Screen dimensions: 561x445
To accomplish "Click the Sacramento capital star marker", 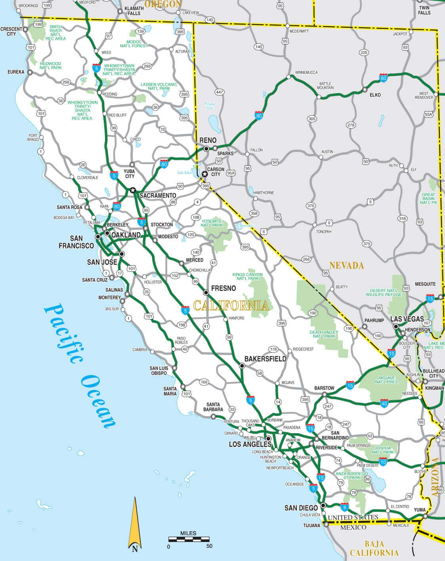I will click(x=132, y=190).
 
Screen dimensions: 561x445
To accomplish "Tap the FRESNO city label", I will click(x=223, y=288).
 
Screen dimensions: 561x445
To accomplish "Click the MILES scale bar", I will click(x=189, y=539).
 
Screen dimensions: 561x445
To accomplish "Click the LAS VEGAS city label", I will click(x=407, y=319).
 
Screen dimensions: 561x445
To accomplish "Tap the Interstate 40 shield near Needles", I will click(x=384, y=403).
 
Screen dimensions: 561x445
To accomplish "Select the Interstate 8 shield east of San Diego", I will click(x=344, y=507).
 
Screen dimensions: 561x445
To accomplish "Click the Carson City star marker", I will click(x=204, y=174).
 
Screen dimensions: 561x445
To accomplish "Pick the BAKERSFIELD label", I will click(x=265, y=359).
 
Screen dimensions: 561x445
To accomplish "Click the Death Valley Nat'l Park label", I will click(x=324, y=334).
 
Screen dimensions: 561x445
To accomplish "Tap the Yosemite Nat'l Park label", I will click(x=212, y=223).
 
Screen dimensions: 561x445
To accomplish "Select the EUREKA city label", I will click(x=16, y=72).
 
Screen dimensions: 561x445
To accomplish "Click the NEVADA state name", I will click(x=346, y=265).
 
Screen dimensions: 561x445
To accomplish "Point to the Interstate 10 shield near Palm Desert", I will click(x=383, y=462).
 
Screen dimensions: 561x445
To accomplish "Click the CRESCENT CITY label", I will click(x=11, y=31).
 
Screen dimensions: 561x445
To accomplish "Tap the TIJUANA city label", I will click(x=312, y=525).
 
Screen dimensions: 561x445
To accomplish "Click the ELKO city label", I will click(x=375, y=95).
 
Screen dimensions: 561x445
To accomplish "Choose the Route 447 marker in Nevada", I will click(x=220, y=92).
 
